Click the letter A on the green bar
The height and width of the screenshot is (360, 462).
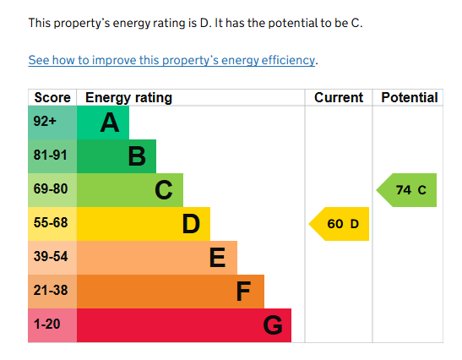(x=109, y=123)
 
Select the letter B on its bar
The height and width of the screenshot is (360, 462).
(x=137, y=157)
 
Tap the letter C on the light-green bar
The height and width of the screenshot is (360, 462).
(x=164, y=190)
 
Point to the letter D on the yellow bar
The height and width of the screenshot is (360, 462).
(x=191, y=224)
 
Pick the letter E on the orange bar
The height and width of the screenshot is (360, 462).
(x=217, y=258)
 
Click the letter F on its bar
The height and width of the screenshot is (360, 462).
(x=243, y=292)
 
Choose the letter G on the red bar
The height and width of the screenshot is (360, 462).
(x=272, y=325)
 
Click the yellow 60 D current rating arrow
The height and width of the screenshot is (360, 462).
(x=340, y=224)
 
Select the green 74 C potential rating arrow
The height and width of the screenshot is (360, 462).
(x=408, y=190)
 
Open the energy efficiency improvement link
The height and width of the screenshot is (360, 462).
(x=171, y=60)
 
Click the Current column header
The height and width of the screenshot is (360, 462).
(x=339, y=98)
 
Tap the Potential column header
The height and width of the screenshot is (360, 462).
(x=409, y=98)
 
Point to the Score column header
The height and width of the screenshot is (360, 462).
(x=52, y=98)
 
